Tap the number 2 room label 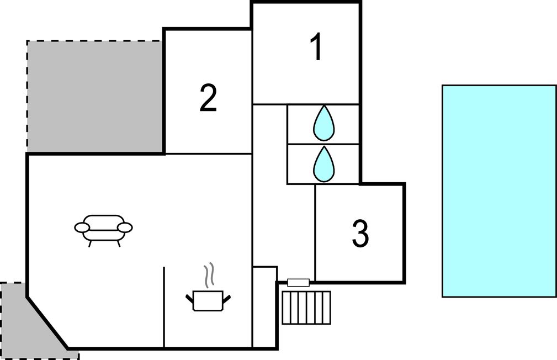[x=208, y=98]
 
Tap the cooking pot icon [x=208, y=301]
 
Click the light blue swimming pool [x=498, y=191]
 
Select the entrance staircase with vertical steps [x=306, y=308]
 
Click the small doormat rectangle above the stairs [x=298, y=283]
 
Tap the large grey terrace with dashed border [x=95, y=96]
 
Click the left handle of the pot [x=189, y=299]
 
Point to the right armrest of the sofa [x=125, y=227]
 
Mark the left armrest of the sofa [x=82, y=227]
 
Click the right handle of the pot [x=226, y=299]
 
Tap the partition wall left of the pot [x=164, y=307]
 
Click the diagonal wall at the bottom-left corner [x=47, y=324]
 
